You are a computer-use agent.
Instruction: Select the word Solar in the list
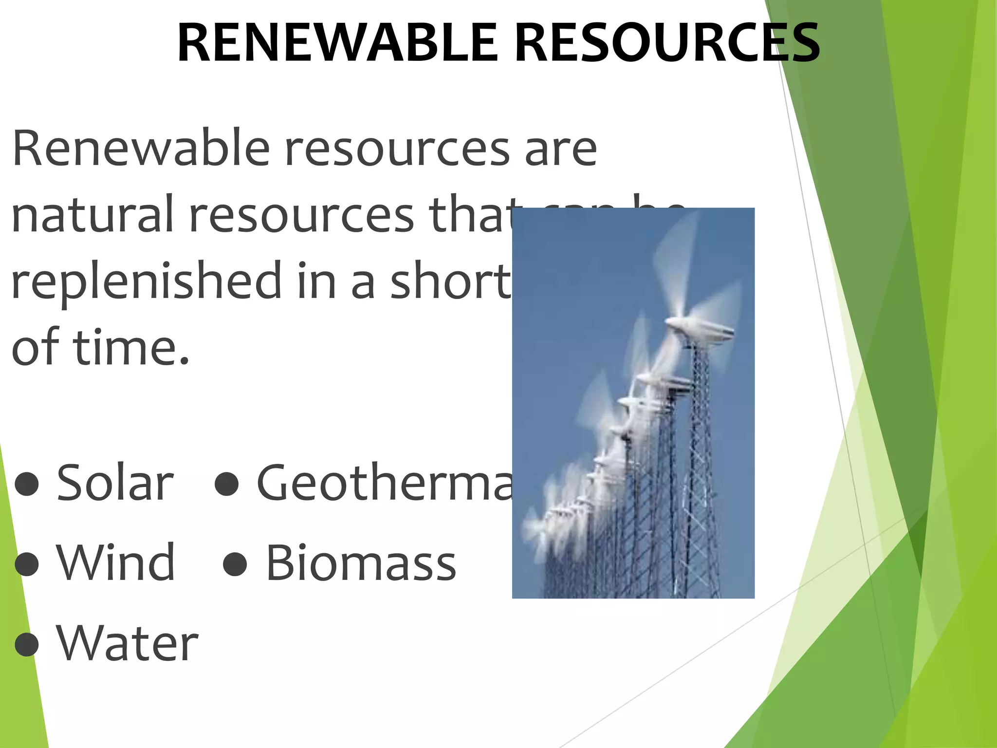click(x=115, y=483)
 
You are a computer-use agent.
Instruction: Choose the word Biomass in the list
click(x=361, y=563)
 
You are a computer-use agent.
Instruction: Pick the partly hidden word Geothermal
click(x=385, y=483)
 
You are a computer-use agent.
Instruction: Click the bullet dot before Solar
click(x=27, y=484)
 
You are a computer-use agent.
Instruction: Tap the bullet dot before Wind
click(x=27, y=564)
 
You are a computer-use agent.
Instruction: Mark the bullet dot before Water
click(x=27, y=644)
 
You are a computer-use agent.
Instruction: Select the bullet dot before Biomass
click(x=235, y=564)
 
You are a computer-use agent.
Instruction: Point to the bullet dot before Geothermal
click(x=226, y=484)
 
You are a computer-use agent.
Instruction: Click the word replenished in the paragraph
click(x=146, y=281)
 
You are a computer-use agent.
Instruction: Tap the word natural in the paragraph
click(x=92, y=214)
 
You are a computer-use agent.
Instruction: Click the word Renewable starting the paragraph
click(x=141, y=148)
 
